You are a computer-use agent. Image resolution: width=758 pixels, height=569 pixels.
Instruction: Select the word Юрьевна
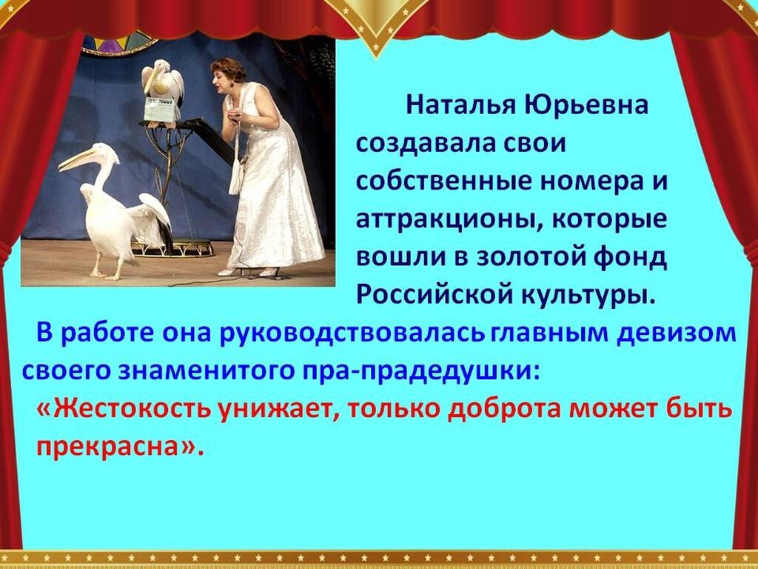(586, 104)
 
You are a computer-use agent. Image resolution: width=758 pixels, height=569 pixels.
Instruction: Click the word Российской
(434, 294)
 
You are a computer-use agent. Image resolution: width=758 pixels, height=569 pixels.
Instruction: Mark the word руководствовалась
(352, 333)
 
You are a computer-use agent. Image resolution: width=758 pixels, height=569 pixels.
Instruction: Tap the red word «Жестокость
(124, 409)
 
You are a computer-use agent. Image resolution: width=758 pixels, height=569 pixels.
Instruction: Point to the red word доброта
(505, 409)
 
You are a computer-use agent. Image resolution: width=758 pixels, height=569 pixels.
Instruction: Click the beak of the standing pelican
(80, 159)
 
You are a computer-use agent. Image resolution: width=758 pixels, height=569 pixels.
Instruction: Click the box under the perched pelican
(160, 110)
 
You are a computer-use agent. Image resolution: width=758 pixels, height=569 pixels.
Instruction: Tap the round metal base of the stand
(173, 249)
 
